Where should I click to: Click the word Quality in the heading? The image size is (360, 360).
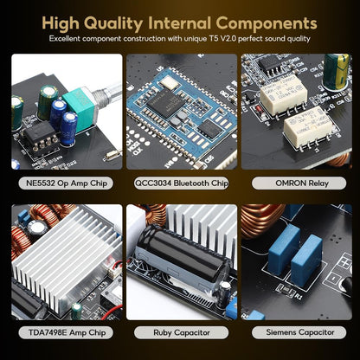click(x=114, y=23)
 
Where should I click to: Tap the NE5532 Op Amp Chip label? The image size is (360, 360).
click(x=66, y=183)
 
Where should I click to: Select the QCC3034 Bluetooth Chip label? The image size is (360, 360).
click(x=181, y=183)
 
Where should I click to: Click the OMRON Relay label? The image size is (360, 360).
click(x=299, y=183)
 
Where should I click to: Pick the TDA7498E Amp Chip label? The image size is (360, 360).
click(x=66, y=332)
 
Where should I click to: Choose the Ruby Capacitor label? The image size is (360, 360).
click(x=181, y=332)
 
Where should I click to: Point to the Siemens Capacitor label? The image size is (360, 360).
click(x=299, y=332)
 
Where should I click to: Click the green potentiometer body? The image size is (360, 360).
click(x=80, y=109)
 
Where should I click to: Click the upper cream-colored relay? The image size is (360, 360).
click(x=283, y=94)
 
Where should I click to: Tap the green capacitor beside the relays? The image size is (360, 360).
click(x=336, y=71)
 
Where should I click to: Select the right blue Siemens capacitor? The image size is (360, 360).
click(x=306, y=260)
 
